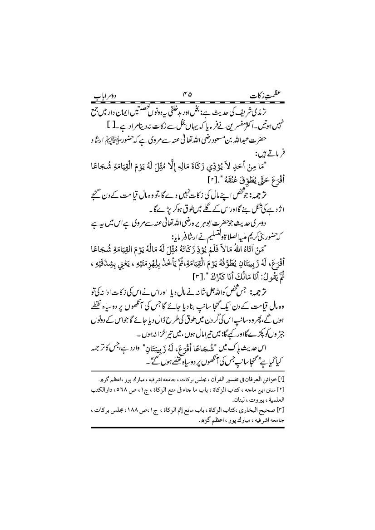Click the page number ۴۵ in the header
point(187,96)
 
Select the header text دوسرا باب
point(106,96)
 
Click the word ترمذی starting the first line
point(271,111)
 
